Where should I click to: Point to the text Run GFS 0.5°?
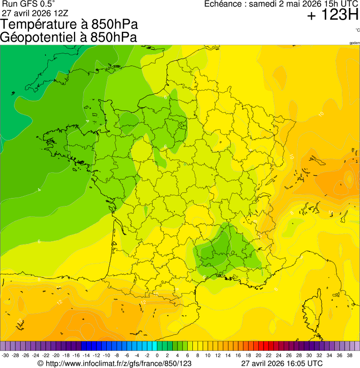pos(28,4)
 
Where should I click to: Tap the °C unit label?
pos(357,30)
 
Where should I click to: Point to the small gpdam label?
pos(354,43)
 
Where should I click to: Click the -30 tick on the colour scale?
pos(5,355)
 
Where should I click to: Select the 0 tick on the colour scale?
pos(157,355)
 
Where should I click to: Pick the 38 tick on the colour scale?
pos(349,355)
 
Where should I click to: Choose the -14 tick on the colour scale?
pos(86,355)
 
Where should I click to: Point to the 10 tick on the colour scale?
pos(207,355)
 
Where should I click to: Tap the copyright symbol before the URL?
pos(41,363)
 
